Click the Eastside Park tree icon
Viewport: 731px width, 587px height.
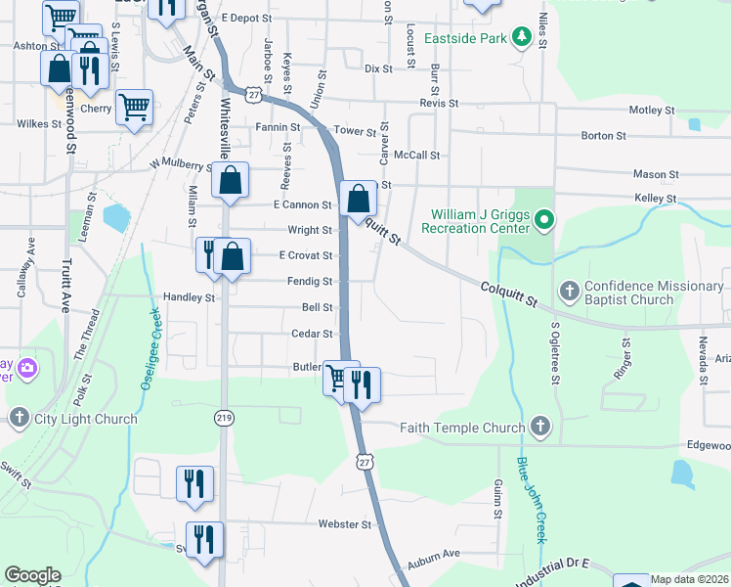pyautogui.click(x=523, y=37)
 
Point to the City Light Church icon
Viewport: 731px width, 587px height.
pyautogui.click(x=18, y=419)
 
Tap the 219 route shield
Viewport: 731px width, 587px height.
pyautogui.click(x=223, y=417)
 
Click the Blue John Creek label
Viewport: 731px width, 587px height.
pyautogui.click(x=531, y=499)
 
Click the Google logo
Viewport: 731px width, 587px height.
pyautogui.click(x=32, y=575)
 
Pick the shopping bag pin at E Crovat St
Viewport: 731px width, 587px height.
pyautogui.click(x=233, y=258)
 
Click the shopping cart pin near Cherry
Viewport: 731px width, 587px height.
pyautogui.click(x=134, y=107)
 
